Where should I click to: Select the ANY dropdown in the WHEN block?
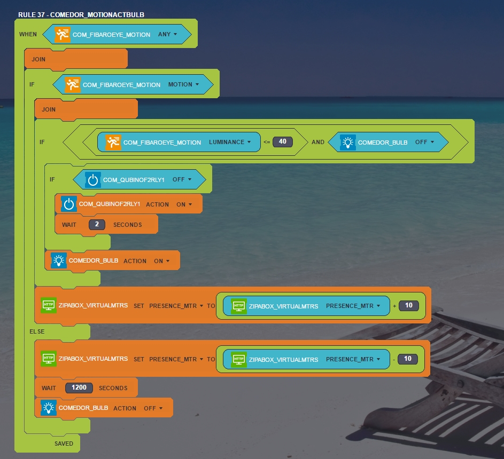167,34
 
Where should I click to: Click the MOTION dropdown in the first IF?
183,84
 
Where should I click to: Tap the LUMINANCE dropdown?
230,143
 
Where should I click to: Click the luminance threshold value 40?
283,142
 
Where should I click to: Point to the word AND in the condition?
318,143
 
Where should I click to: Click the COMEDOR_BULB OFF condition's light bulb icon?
348,142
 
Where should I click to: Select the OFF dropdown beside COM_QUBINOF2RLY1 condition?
182,179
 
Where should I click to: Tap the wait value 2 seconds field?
97,225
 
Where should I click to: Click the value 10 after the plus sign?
408,306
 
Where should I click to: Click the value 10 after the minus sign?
408,359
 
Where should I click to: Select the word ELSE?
37,331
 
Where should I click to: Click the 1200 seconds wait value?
79,388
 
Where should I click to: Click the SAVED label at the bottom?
64,444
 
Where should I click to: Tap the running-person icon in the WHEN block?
63,34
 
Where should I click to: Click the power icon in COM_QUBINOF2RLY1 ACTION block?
69,204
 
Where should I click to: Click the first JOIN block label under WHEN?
38,59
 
